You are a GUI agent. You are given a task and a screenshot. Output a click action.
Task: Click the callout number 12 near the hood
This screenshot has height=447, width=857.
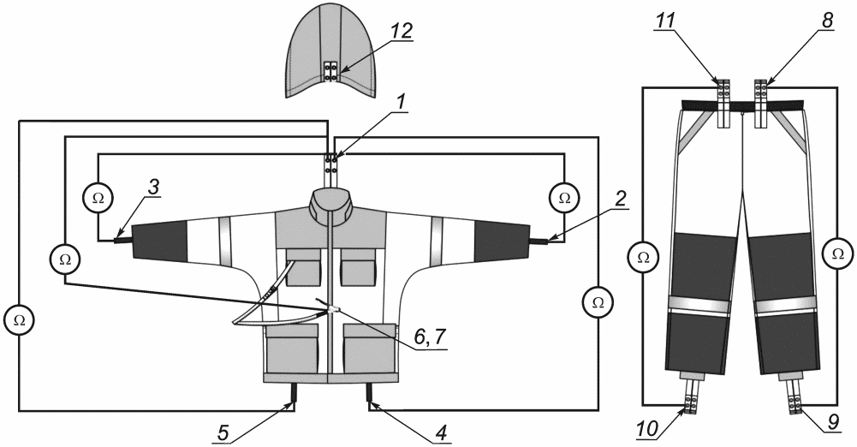[401, 31]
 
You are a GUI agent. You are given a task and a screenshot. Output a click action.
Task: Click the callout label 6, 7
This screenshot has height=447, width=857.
[430, 337]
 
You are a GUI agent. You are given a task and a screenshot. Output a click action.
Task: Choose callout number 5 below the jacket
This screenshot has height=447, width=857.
[223, 431]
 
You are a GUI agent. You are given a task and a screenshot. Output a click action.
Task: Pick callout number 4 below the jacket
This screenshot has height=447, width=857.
[442, 432]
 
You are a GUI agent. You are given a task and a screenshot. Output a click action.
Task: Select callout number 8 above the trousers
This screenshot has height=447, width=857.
[827, 21]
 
